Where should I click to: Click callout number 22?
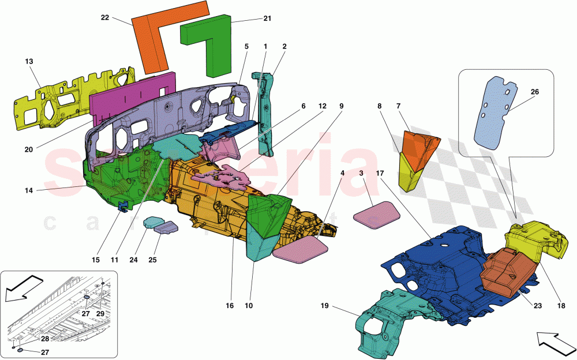click(104, 17)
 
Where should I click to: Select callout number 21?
click(267, 18)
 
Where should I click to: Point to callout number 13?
click(29, 61)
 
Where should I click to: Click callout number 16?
click(230, 306)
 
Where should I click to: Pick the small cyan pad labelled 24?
click(152, 223)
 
